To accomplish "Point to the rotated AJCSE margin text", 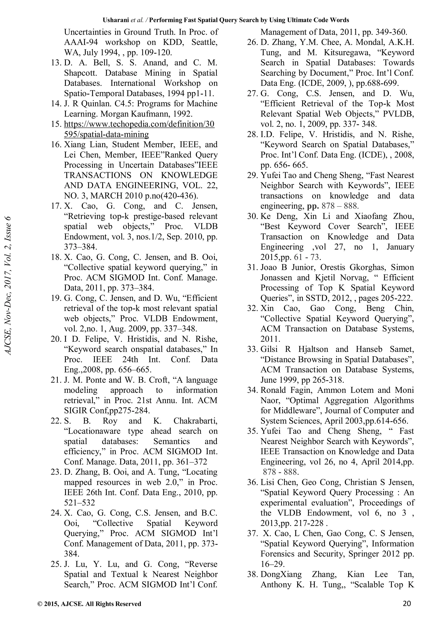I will coord(8,285).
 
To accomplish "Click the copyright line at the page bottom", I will coord(89,604).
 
